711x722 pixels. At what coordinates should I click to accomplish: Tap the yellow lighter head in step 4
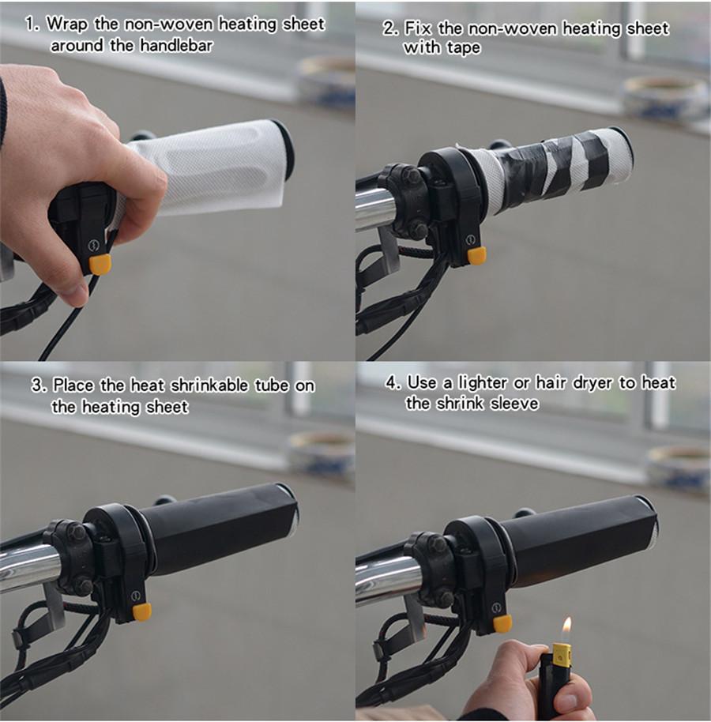(x=562, y=654)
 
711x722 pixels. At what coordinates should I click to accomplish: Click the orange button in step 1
(x=100, y=265)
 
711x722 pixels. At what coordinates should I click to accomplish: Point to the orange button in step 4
(x=502, y=623)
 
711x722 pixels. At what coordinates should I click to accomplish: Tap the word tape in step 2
(x=463, y=48)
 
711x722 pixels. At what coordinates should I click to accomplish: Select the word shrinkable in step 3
(x=209, y=385)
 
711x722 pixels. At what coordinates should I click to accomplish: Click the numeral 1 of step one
(x=30, y=24)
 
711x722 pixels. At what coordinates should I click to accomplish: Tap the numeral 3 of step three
(x=36, y=385)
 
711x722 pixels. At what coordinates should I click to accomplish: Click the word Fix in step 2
(x=418, y=28)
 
